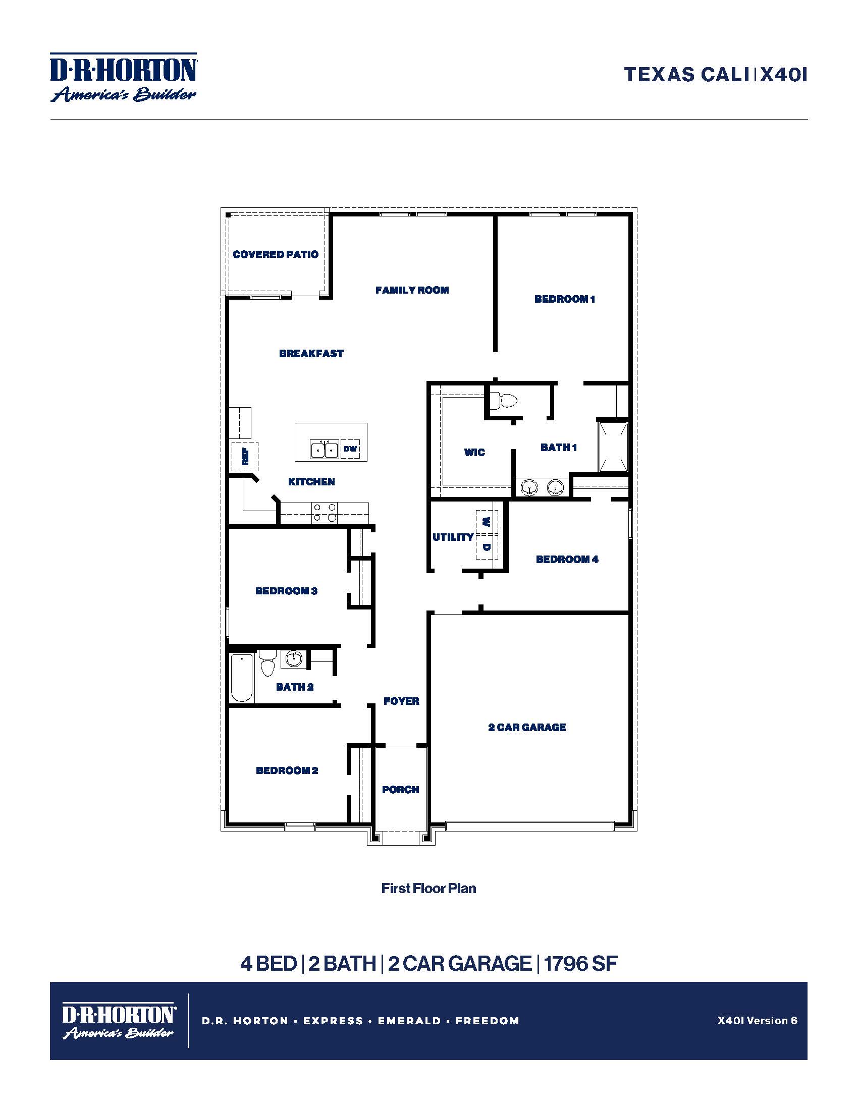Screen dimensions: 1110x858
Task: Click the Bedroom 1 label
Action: pyautogui.click(x=564, y=299)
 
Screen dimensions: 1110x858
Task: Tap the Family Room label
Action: pyautogui.click(x=412, y=290)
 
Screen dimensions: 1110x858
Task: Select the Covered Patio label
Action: pyautogui.click(x=276, y=254)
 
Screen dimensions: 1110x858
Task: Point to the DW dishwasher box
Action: pyautogui.click(x=350, y=449)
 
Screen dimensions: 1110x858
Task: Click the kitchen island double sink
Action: pyautogui.click(x=325, y=450)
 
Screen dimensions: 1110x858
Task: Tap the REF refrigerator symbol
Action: pyautogui.click(x=245, y=457)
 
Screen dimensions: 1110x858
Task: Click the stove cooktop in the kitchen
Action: pyautogui.click(x=325, y=512)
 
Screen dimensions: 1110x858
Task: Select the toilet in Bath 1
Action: pyautogui.click(x=506, y=401)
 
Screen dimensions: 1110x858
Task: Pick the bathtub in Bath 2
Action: pyautogui.click(x=241, y=678)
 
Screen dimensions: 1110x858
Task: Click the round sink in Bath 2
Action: pyautogui.click(x=293, y=659)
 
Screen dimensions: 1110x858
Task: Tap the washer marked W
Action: pyautogui.click(x=487, y=522)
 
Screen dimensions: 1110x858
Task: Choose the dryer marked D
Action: pyautogui.click(x=487, y=547)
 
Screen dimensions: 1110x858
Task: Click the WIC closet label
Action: pyautogui.click(x=474, y=453)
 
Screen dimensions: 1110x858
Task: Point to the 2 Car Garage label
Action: pyautogui.click(x=526, y=727)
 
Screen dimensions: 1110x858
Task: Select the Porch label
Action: pyautogui.click(x=401, y=789)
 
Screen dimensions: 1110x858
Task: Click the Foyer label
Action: pyautogui.click(x=401, y=701)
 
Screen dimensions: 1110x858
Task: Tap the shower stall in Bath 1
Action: pyautogui.click(x=613, y=447)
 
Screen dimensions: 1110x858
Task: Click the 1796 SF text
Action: pyautogui.click(x=580, y=963)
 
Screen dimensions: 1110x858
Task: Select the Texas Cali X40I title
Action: pyautogui.click(x=715, y=75)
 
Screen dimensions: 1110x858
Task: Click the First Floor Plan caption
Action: pyautogui.click(x=428, y=888)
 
